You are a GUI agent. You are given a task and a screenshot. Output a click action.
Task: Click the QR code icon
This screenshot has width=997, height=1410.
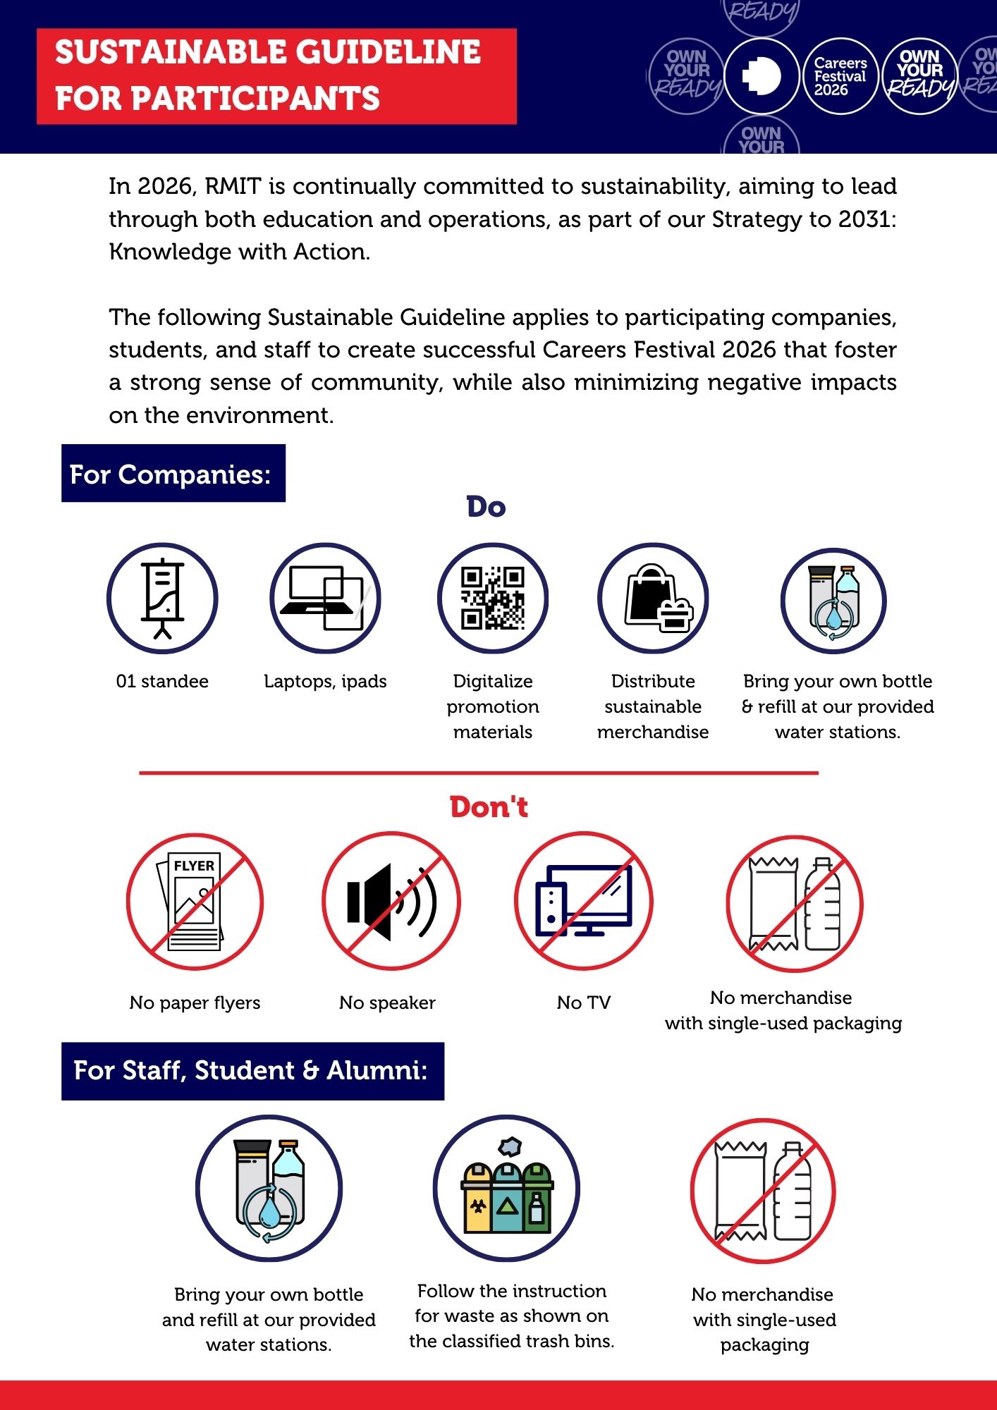pos(493,598)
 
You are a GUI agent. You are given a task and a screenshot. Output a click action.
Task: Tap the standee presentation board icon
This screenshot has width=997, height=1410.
pos(162,598)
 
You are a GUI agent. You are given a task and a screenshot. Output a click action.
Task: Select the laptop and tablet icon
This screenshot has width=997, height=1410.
pos(325,598)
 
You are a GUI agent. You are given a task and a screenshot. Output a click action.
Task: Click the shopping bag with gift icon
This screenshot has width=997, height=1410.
pos(653,598)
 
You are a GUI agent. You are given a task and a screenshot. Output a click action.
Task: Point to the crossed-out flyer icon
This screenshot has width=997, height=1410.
pos(195,902)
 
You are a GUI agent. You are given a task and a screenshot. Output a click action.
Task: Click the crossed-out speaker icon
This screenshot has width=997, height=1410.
pos(391,902)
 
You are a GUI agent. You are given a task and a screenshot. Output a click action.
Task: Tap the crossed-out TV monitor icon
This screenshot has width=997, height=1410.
pos(584,902)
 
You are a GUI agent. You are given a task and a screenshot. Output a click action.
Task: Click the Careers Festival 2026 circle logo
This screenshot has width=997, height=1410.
pos(840,76)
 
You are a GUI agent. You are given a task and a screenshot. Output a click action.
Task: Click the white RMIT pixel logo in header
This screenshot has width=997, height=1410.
pos(761,76)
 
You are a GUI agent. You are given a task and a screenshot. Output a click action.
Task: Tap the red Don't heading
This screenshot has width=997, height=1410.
pos(489,807)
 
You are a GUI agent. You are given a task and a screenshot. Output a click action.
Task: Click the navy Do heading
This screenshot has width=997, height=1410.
pos(486,507)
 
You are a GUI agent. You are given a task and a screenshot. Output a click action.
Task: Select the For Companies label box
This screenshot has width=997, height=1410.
pos(173,474)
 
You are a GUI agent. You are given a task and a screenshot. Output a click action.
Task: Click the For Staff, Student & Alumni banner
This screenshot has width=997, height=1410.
pos(252,1071)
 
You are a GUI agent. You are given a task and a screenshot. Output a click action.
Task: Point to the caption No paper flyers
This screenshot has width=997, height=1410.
pos(195,1003)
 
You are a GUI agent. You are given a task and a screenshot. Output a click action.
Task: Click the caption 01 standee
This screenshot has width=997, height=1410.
pos(162,681)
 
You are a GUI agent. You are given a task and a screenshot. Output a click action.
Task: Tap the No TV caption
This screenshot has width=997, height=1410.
pos(584,1003)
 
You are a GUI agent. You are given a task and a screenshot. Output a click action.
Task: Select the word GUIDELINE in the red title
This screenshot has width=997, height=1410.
pos(388,52)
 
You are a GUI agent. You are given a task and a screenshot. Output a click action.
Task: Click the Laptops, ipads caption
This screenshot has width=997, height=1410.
pos(325,681)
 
